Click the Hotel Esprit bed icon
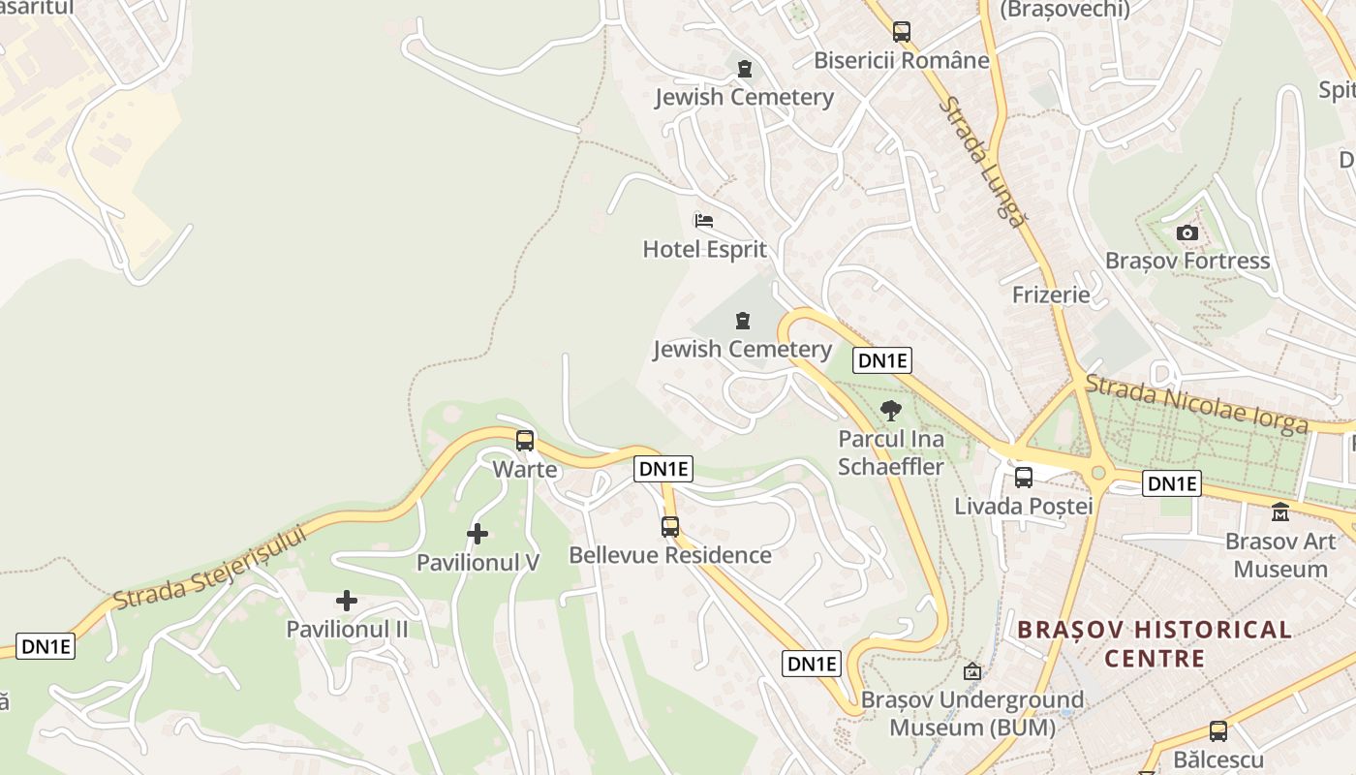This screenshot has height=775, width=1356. [704, 221]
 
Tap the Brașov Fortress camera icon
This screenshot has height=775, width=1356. [1186, 232]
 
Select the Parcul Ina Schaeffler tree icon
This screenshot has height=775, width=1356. [890, 410]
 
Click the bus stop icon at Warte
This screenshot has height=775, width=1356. [525, 441]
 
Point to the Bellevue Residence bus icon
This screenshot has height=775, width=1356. [670, 527]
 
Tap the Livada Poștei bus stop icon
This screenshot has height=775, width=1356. [1024, 477]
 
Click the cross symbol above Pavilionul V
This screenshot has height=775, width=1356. [478, 534]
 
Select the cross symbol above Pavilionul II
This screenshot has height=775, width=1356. [347, 601]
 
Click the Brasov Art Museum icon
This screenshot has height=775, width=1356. [1280, 511]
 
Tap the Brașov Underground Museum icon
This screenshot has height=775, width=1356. [972, 671]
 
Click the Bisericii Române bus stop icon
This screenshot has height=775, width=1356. [902, 31]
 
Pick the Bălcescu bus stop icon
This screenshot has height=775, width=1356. [1218, 731]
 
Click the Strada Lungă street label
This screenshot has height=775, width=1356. [981, 161]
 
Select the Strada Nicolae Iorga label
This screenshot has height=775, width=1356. [1196, 404]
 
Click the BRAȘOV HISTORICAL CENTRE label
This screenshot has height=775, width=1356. [1155, 644]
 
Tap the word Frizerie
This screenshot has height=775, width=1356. [1051, 294]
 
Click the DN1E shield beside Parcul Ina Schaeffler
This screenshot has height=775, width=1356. [882, 360]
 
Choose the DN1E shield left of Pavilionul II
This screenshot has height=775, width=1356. [46, 646]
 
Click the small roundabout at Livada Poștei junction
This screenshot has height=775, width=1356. [1097, 473]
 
